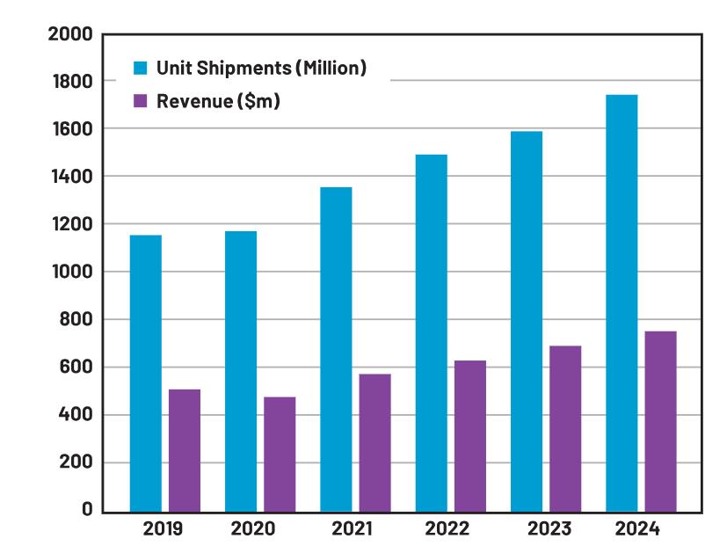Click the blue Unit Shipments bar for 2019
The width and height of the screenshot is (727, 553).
145,373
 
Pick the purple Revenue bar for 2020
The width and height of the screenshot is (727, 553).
280,454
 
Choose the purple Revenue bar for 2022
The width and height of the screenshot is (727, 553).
470,436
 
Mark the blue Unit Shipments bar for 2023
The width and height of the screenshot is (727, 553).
526,321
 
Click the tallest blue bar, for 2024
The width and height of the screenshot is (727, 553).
622,302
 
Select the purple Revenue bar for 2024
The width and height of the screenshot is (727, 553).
660,421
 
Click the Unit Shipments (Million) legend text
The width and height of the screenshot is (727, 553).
261,68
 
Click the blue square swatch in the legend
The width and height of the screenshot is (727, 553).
140,68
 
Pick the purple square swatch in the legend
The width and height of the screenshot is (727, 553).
140,100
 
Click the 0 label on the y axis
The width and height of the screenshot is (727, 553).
86,510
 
